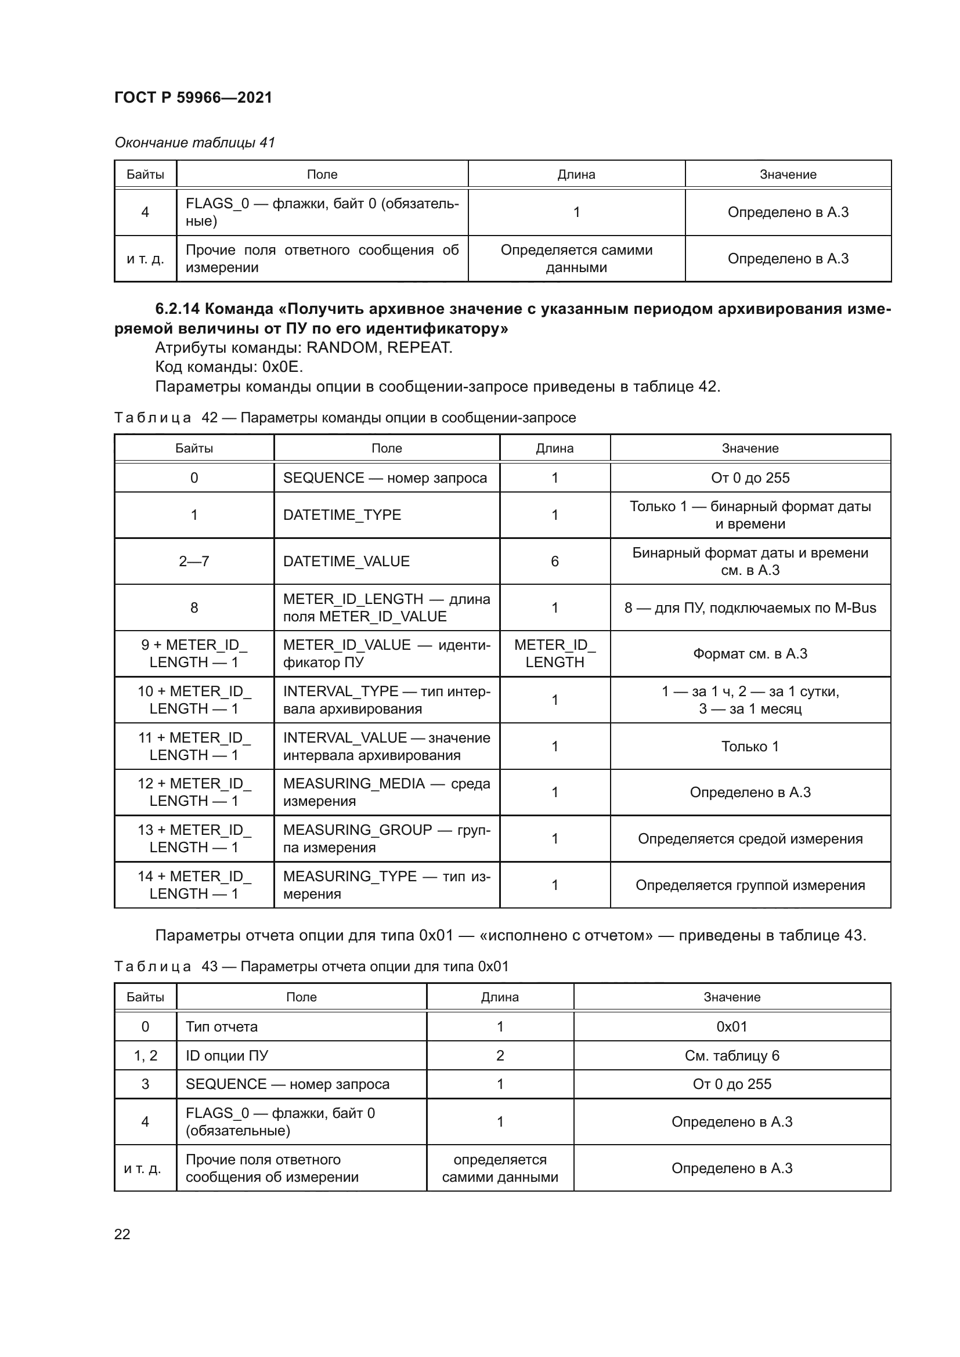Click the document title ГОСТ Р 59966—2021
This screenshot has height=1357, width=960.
point(193,97)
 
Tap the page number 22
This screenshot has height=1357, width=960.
point(122,1234)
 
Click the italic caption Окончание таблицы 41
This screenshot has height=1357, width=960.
point(194,143)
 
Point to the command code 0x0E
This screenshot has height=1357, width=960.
point(283,367)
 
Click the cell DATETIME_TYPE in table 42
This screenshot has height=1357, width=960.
point(342,515)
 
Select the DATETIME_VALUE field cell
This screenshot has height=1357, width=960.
point(346,561)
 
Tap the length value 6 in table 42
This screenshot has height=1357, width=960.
point(554,561)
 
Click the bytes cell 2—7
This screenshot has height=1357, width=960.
point(194,561)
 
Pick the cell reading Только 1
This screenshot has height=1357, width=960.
point(749,747)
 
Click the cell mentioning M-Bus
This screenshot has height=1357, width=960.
point(749,607)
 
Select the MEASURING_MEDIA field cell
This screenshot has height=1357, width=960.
point(386,792)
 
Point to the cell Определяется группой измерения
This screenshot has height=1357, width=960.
point(749,885)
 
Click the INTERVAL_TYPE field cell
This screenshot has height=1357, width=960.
point(386,700)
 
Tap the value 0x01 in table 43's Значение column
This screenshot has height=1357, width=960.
point(731,1027)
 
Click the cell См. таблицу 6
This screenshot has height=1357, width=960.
point(731,1055)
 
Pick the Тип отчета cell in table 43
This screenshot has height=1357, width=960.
point(222,1027)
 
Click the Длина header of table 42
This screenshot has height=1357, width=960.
point(554,448)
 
